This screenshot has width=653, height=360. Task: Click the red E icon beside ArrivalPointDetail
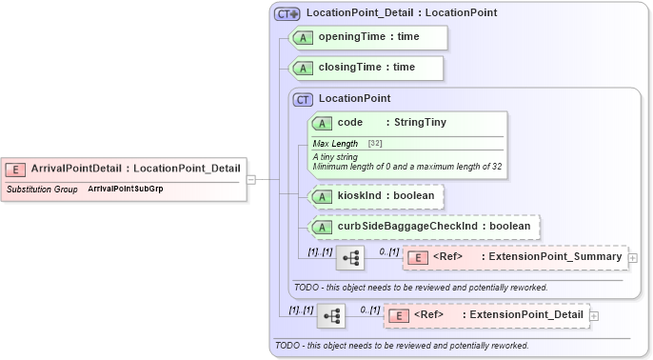click(16, 169)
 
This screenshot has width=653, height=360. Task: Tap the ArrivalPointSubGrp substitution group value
click(126, 190)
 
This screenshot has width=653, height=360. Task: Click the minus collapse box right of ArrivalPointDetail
click(250, 178)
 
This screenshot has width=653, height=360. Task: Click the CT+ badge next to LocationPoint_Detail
click(287, 13)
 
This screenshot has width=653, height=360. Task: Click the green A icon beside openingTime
click(304, 37)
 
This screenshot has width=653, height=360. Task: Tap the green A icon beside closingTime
click(304, 68)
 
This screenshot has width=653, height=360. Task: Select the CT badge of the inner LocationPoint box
click(304, 98)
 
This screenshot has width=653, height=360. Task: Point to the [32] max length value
click(375, 143)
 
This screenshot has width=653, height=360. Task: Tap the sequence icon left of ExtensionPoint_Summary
click(350, 257)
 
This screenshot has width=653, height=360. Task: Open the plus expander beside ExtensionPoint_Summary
click(633, 257)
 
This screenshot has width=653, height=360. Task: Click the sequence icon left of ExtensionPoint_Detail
click(331, 315)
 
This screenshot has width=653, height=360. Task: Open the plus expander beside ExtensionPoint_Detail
click(594, 315)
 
